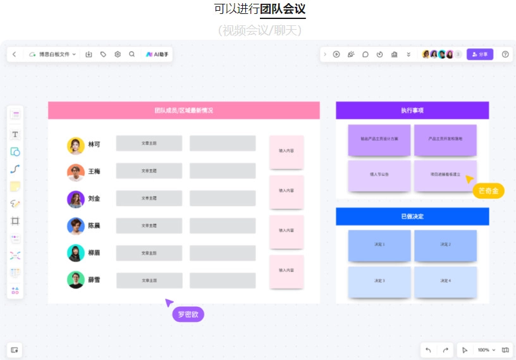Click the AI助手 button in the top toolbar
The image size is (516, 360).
(156, 54)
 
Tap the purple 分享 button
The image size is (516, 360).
(480, 54)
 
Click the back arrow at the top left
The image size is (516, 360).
(15, 54)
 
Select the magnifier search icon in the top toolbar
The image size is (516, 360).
(132, 54)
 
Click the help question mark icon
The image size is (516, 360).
(505, 54)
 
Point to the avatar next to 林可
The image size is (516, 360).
(76, 145)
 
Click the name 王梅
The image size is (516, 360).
(94, 171)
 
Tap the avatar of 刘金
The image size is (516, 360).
(76, 199)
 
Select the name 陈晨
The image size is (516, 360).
(94, 226)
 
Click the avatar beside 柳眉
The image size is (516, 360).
(76, 252)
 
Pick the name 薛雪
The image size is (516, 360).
(94, 280)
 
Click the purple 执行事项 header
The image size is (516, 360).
(412, 111)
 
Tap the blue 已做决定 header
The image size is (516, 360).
(412, 216)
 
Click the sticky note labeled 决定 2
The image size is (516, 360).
(445, 244)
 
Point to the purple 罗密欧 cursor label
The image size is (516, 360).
(188, 314)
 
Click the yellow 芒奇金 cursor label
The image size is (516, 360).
(489, 190)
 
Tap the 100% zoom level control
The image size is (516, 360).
(484, 350)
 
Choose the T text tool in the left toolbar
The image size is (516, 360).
(15, 134)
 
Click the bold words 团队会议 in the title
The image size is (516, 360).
(283, 9)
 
